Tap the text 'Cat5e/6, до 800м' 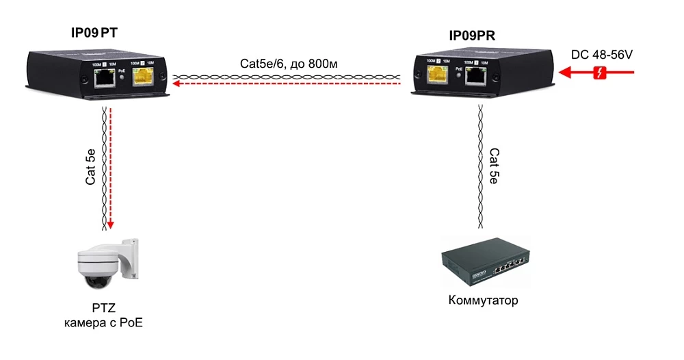289,64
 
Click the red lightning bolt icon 599,73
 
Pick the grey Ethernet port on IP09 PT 104,79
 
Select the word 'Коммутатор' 483,300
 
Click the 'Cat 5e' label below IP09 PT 90,167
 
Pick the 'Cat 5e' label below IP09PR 495,166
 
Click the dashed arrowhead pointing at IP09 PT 177,83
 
